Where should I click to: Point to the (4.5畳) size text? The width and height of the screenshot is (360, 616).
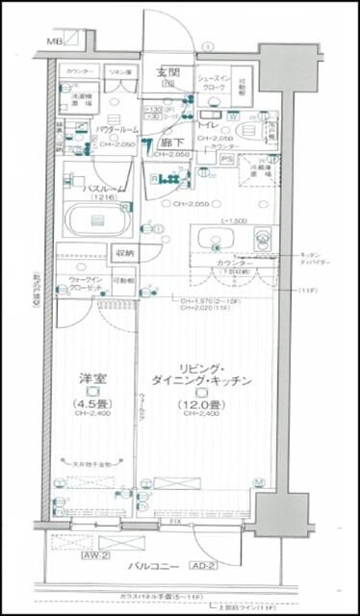coord(92,403)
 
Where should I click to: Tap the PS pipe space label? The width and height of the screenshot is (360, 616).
coord(227,158)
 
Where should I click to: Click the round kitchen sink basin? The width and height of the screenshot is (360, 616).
coord(215,237)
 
